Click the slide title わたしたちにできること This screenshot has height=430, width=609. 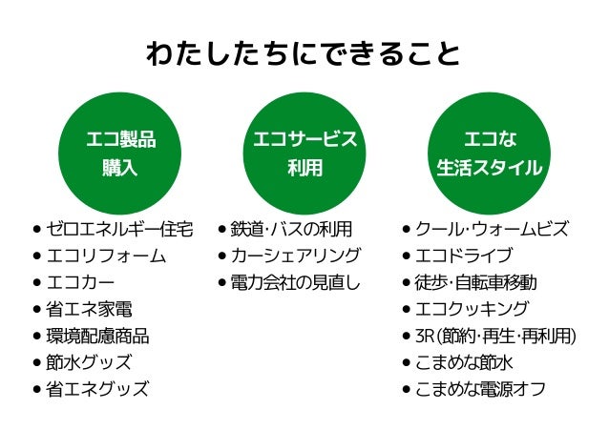pyautogui.click(x=304, y=52)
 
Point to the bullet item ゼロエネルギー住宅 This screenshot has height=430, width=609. pyautogui.click(x=119, y=230)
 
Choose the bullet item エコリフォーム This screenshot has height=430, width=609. pyautogui.click(x=106, y=256)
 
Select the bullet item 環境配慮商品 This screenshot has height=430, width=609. pyautogui.click(x=96, y=337)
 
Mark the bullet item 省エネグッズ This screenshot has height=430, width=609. pyautogui.click(x=96, y=389)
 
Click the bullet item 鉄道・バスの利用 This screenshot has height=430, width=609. pyautogui.click(x=291, y=230)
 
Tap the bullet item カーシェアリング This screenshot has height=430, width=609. pyautogui.click(x=295, y=256)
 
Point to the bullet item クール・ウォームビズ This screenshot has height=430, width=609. pyautogui.click(x=492, y=230)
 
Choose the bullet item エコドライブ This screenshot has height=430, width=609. pyautogui.click(x=463, y=256)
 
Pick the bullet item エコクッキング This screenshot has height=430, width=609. pyautogui.click(x=471, y=310)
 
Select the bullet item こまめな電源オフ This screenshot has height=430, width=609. pyautogui.click(x=479, y=389)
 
